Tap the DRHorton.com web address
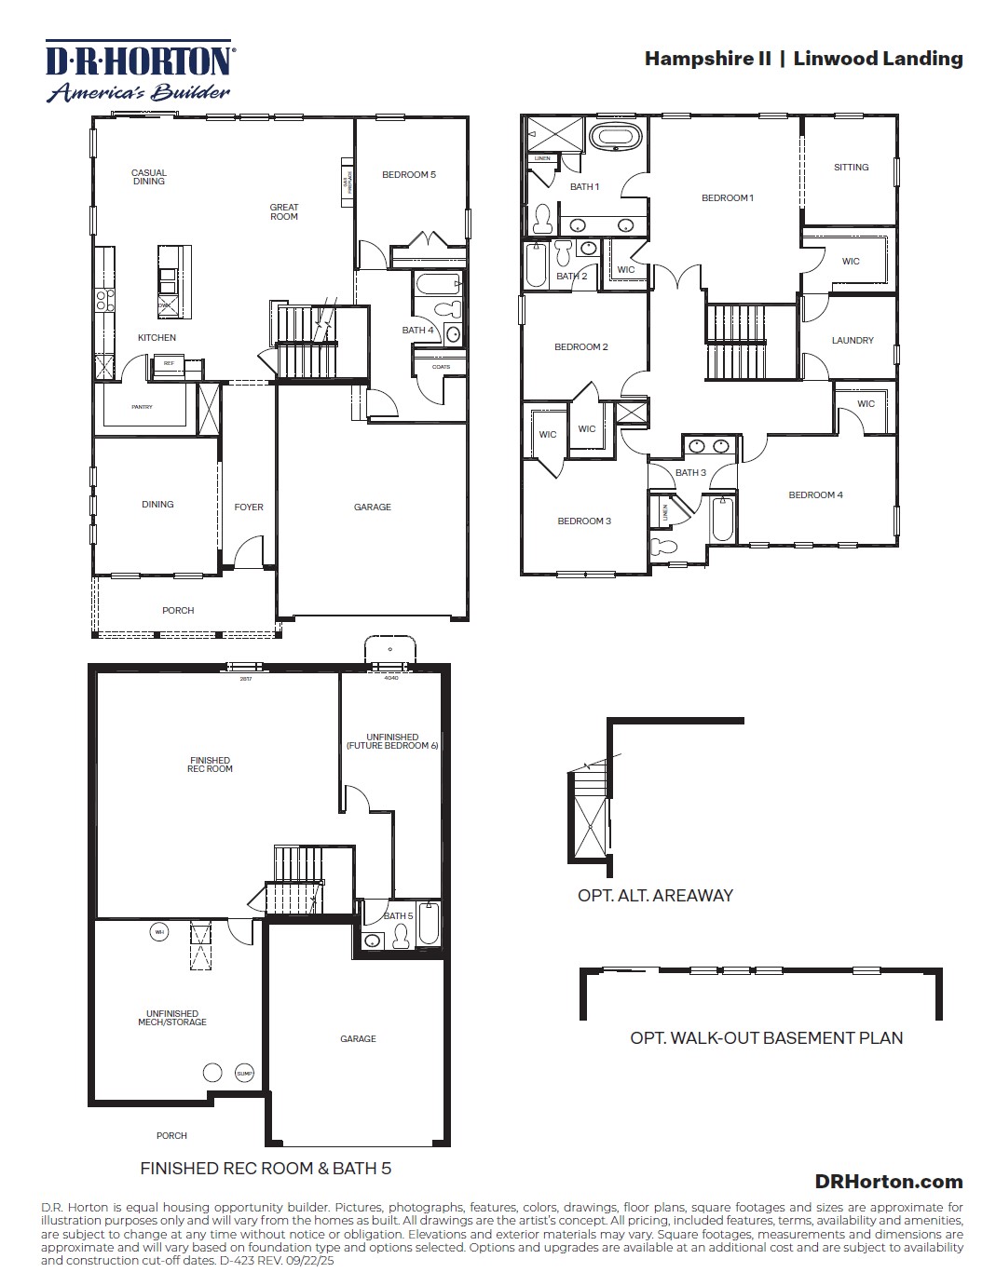(x=888, y=1181)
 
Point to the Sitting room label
(x=851, y=168)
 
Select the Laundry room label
(x=853, y=341)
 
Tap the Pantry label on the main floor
(x=142, y=407)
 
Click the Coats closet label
(x=441, y=367)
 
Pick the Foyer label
(x=249, y=508)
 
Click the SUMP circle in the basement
(x=244, y=1073)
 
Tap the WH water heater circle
(x=159, y=931)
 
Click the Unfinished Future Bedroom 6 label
(x=392, y=741)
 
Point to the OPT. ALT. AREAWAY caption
(x=655, y=896)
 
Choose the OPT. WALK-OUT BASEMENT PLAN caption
(x=766, y=1037)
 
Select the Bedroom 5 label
(x=408, y=175)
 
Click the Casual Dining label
(x=149, y=177)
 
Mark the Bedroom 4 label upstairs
(x=815, y=495)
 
